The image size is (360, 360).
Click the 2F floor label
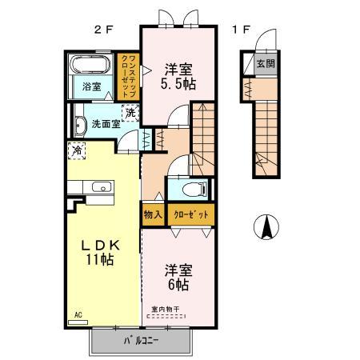[102, 30]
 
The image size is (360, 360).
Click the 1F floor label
[241, 30]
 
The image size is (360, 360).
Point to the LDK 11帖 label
[102, 251]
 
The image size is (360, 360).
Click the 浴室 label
[92, 87]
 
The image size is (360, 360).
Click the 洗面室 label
[105, 124]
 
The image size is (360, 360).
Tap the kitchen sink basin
[102, 189]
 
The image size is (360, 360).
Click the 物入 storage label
[153, 214]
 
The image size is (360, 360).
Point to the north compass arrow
[266, 228]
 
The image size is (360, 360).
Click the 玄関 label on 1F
[262, 65]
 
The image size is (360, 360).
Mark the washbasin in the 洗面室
[80, 126]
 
